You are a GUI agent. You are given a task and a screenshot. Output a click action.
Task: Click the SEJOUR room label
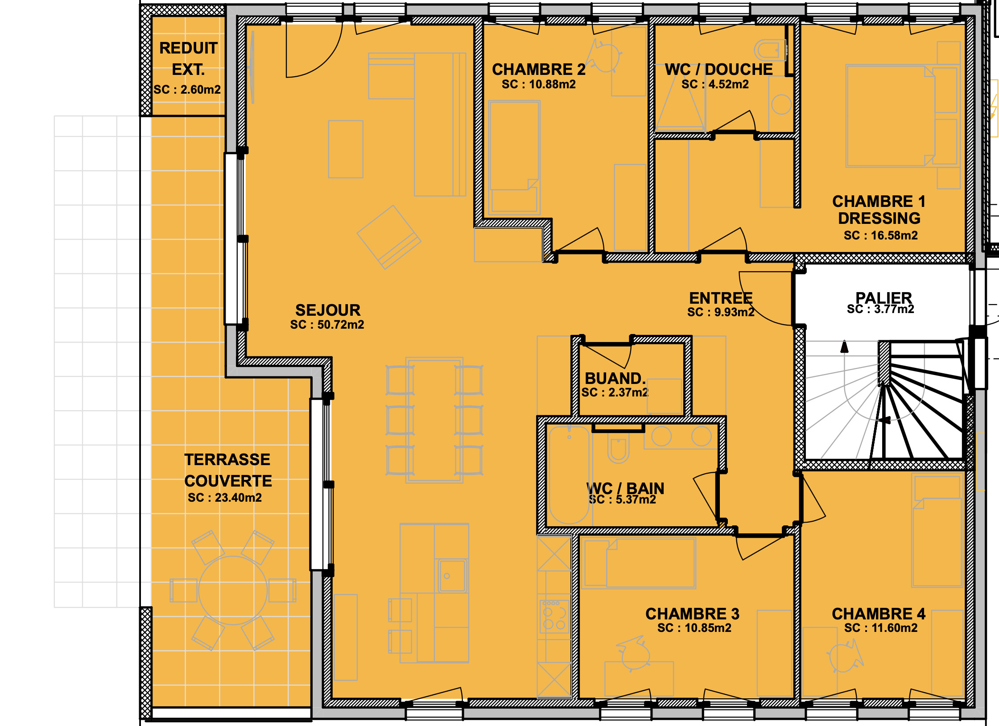(328, 310)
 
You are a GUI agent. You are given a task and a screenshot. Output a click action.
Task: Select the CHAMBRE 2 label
(539, 70)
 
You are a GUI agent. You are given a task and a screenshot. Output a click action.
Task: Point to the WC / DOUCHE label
(718, 70)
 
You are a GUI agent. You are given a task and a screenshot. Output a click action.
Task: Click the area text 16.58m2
(893, 235)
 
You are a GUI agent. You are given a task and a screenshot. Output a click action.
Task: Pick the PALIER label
(883, 297)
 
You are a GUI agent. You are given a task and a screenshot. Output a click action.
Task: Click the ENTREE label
(721, 297)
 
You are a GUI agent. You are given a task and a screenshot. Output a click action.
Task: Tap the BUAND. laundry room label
(615, 378)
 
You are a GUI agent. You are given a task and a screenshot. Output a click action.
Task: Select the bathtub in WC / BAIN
(569, 475)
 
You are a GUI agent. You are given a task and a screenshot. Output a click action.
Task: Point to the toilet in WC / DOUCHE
(769, 51)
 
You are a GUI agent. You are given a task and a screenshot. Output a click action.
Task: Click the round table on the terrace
(233, 590)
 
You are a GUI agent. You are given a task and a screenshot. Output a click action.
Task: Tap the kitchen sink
(452, 576)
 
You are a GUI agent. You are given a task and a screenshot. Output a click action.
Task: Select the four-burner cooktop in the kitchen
(554, 617)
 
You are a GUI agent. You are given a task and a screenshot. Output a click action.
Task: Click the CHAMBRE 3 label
(692, 614)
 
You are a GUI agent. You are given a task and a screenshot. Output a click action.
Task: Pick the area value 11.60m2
(893, 628)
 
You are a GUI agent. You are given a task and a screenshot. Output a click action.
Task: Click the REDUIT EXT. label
(188, 59)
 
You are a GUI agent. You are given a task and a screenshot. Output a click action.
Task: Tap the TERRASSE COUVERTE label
(228, 470)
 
